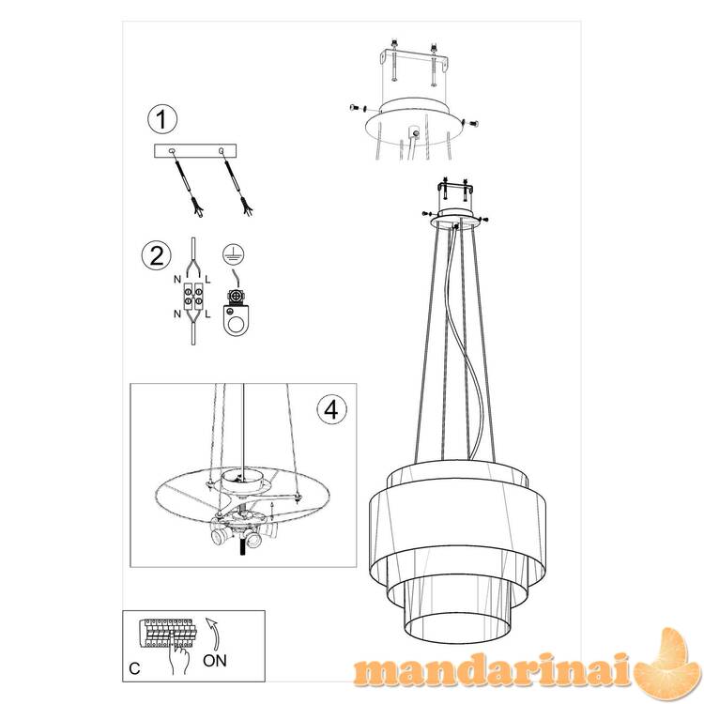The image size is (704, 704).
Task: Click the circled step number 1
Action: pos(162,119)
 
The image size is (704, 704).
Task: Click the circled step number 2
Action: pos(156,256)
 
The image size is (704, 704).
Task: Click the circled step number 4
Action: pos(331,409)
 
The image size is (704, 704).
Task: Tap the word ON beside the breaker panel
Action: pos(215,661)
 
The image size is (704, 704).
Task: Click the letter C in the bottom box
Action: pos(134,668)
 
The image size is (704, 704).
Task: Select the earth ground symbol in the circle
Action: pos(234,254)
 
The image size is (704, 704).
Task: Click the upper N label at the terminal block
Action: pos(177,280)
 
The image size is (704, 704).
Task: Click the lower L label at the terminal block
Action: pos(207,314)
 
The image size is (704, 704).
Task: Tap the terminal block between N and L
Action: pos(192,297)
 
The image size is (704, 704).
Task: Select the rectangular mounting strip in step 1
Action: pos(195,151)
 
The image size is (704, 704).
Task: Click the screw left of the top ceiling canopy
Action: pos(358,108)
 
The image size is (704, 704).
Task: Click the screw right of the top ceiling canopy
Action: pos(470,123)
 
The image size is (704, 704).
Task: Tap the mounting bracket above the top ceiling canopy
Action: pos(414,61)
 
